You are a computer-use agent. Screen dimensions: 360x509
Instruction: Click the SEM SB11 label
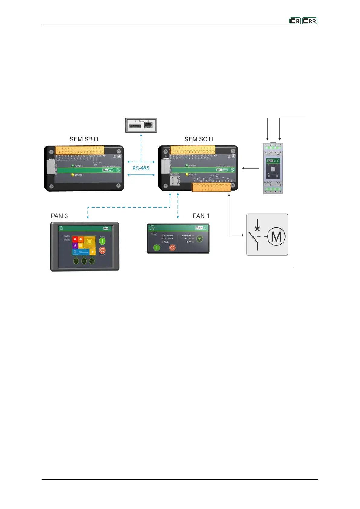pyautogui.click(x=84, y=139)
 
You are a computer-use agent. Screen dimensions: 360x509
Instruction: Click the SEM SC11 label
pyautogui.click(x=199, y=139)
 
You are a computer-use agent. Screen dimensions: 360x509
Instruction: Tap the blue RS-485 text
pyautogui.click(x=141, y=168)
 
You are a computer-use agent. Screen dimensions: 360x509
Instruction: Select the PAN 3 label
pyautogui.click(x=59, y=216)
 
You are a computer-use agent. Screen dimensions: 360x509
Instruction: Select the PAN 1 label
pyautogui.click(x=201, y=216)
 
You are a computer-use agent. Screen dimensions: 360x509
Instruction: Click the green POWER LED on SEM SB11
pyautogui.click(x=73, y=166)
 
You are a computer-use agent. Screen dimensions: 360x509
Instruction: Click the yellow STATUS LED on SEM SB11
pyautogui.click(x=73, y=175)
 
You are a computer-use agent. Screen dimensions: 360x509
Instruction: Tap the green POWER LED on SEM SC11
pyautogui.click(x=187, y=165)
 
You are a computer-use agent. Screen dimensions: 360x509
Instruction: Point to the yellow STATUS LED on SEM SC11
pyautogui.click(x=187, y=174)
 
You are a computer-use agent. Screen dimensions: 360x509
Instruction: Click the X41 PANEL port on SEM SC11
pyautogui.click(x=175, y=181)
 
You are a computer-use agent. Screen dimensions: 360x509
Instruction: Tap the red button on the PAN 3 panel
pyautogui.click(x=102, y=250)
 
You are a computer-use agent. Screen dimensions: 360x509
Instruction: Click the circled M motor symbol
pyautogui.click(x=276, y=236)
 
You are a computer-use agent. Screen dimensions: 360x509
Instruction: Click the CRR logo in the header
pyautogui.click(x=310, y=21)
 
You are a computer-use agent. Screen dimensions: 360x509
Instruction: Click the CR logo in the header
pyautogui.click(x=295, y=21)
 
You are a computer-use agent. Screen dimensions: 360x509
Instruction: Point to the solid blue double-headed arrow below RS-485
pyautogui.click(x=141, y=175)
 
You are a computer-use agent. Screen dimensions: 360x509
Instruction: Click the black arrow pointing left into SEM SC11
pyautogui.click(x=251, y=168)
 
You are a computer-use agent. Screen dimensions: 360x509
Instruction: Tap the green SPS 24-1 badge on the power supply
pyautogui.click(x=273, y=161)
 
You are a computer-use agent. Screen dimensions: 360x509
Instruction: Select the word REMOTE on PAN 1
pyautogui.click(x=186, y=235)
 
